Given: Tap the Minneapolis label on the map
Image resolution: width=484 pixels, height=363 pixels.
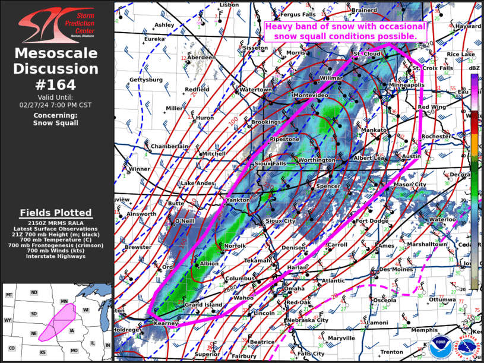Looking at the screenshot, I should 407,85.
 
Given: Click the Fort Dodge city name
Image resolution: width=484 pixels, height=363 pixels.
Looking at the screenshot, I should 371,222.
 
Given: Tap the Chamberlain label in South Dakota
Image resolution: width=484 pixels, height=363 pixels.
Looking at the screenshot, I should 169,146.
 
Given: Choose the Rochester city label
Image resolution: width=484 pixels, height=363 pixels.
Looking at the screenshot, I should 436,136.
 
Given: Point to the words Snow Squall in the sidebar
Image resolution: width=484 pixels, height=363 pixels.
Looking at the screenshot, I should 56,123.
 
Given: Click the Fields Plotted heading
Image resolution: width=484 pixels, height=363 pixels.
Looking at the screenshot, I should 56,213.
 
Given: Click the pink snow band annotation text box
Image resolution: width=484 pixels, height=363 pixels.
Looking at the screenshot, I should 345,31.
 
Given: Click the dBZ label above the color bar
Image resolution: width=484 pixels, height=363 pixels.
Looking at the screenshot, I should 474,69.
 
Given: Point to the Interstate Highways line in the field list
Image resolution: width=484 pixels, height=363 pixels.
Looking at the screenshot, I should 56,257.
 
